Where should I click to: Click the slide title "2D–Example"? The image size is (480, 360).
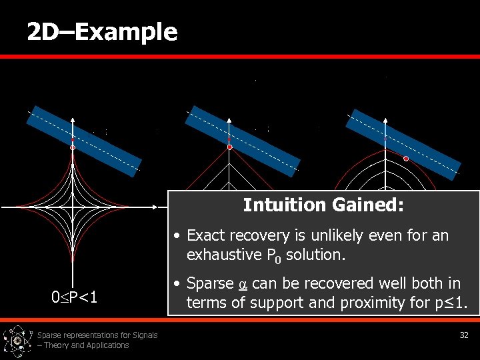pos(102,31)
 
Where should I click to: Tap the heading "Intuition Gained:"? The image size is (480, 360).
pos(323,205)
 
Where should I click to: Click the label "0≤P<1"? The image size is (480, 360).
pos(75,297)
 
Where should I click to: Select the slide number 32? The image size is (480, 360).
pos(464,335)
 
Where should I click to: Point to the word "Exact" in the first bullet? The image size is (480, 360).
pos(206,235)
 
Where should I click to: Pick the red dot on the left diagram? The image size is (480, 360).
pos(73,147)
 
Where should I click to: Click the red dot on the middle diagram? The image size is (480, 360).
pos(229,147)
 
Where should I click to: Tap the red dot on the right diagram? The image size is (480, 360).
pos(406,159)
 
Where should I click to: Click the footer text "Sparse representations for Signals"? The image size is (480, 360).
pos(97,335)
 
